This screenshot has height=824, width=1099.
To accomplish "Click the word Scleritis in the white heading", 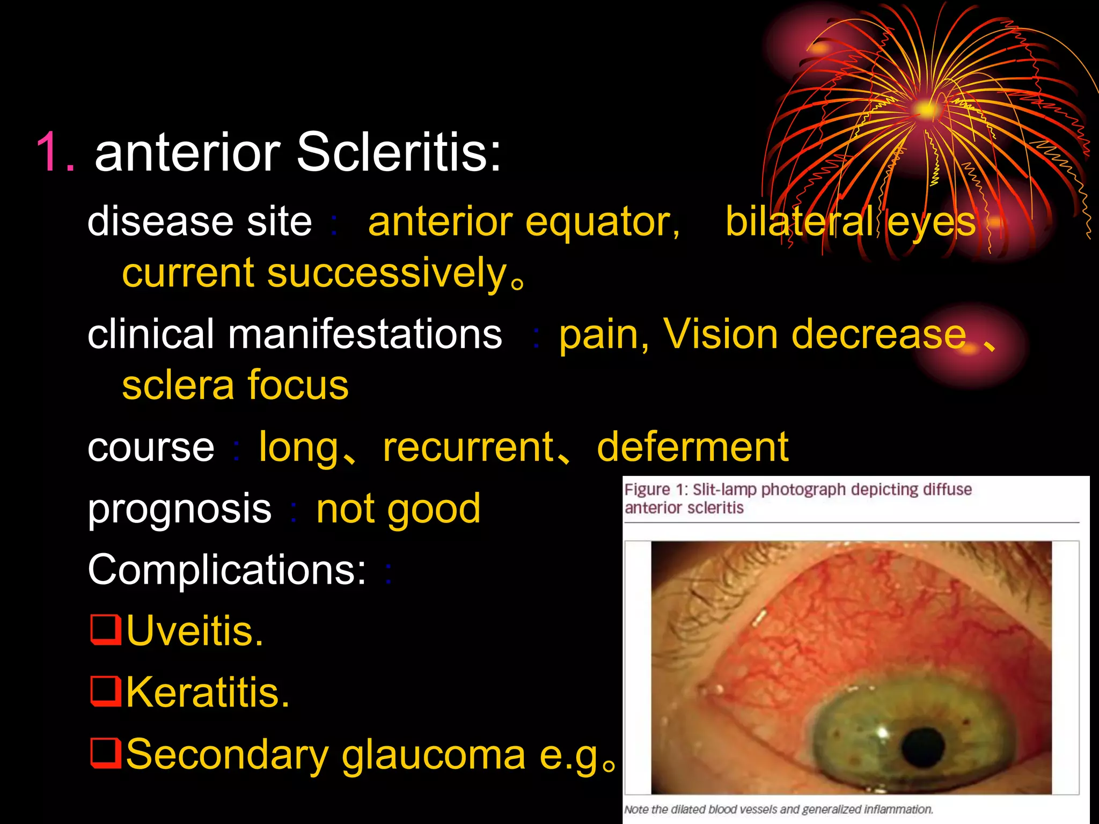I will [x=398, y=153].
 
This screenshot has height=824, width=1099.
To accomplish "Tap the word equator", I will [x=602, y=223].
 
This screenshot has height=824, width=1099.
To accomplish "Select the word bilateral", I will [x=800, y=222].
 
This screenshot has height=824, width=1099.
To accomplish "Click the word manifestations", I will [x=365, y=334].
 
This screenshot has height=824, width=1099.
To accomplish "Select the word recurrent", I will [x=468, y=447].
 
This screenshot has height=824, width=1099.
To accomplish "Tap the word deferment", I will [x=692, y=447].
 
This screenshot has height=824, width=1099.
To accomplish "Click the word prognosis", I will [x=180, y=509].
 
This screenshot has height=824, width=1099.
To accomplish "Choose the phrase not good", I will [x=398, y=509].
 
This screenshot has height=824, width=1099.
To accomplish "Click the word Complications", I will [x=227, y=570].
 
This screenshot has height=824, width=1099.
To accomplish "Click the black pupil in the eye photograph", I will [x=923, y=747].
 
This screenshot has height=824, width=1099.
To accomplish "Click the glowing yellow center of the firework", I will [x=925, y=110].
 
